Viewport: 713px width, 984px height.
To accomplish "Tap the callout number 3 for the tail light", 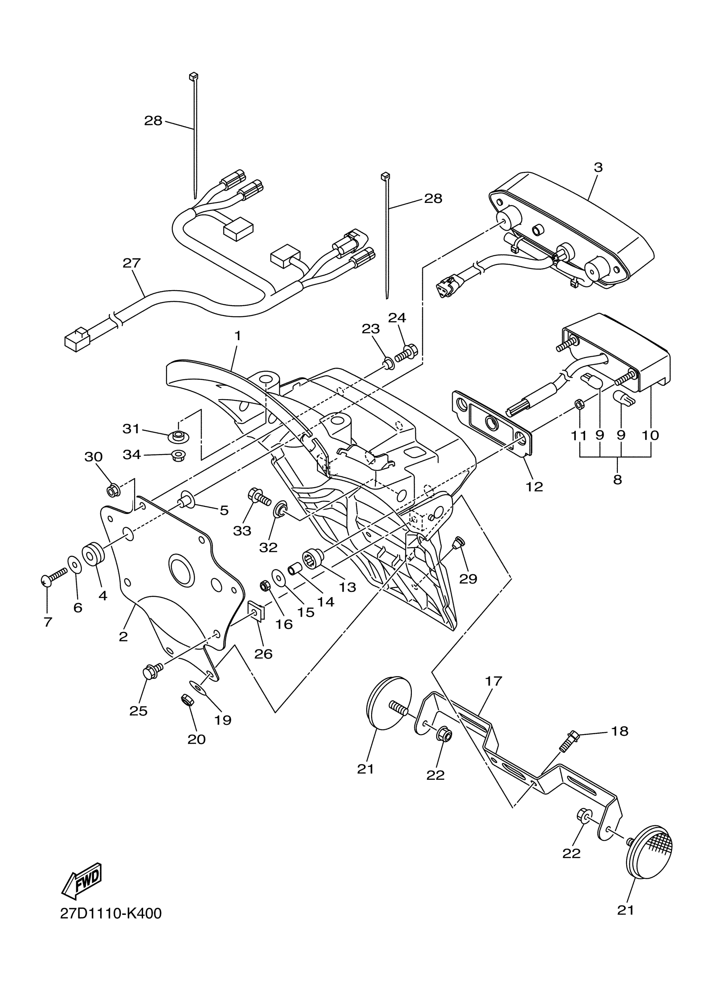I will coord(598,167).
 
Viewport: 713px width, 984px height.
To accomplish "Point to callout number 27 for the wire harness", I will coord(132,263).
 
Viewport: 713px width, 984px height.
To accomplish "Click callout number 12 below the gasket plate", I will coord(534,486).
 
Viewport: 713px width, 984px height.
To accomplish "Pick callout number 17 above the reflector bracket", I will coord(493,681).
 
